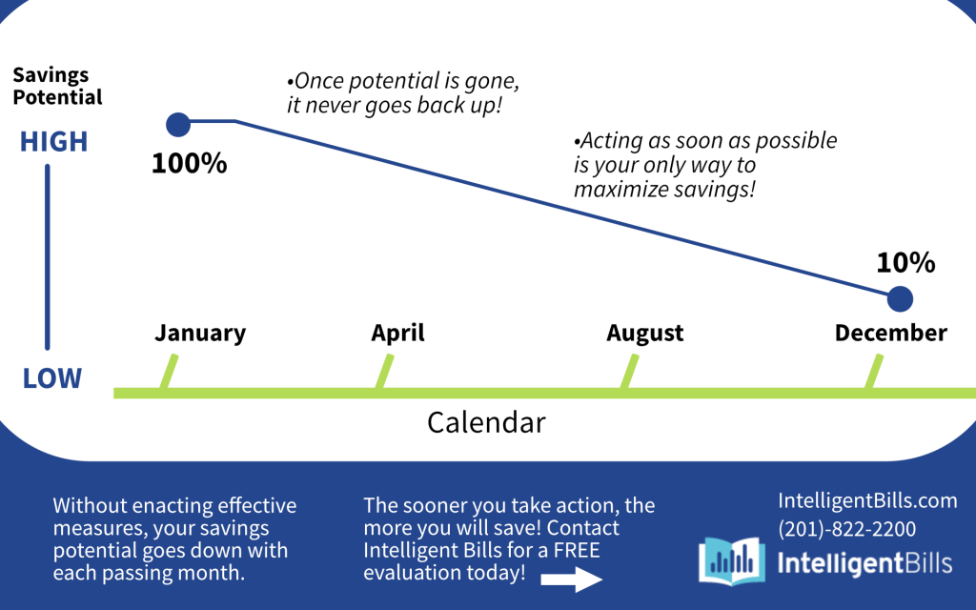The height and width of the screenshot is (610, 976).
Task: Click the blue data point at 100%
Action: pyautogui.click(x=178, y=125)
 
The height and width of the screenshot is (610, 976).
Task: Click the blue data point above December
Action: pyautogui.click(x=900, y=298)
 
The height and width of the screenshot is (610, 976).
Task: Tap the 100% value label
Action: pyautogui.click(x=190, y=163)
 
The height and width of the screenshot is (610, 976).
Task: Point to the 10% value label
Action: pyautogui.click(x=905, y=263)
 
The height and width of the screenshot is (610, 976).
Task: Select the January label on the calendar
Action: pyautogui.click(x=200, y=333)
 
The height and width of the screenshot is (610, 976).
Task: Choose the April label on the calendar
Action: pyautogui.click(x=397, y=333)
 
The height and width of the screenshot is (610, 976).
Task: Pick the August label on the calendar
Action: pyautogui.click(x=645, y=333)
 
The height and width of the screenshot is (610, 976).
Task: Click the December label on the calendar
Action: pyautogui.click(x=891, y=333)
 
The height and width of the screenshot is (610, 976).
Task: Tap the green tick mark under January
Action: pyautogui.click(x=169, y=372)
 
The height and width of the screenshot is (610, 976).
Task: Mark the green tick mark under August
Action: pyautogui.click(x=629, y=372)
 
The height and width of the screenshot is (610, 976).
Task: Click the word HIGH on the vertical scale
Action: pyautogui.click(x=53, y=142)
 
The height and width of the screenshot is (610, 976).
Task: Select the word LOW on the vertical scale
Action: pyautogui.click(x=52, y=378)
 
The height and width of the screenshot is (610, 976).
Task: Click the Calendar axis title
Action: pyautogui.click(x=486, y=422)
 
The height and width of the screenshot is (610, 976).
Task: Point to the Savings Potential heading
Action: pyautogui.click(x=57, y=86)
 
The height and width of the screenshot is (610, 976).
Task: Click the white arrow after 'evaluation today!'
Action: pyautogui.click(x=572, y=579)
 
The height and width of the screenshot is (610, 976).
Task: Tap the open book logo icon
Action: pyautogui.click(x=731, y=560)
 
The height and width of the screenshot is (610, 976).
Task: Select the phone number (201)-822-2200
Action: pyautogui.click(x=846, y=529)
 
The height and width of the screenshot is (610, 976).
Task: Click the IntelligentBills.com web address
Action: pyautogui.click(x=867, y=500)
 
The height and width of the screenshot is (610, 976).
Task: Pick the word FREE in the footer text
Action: pyautogui.click(x=577, y=550)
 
